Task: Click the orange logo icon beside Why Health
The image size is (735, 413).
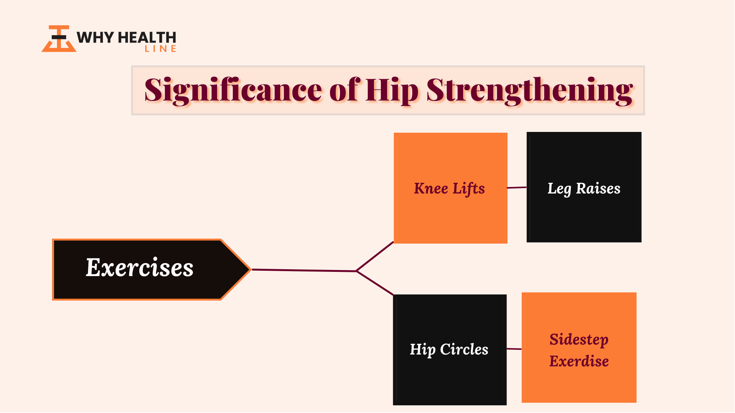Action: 59,39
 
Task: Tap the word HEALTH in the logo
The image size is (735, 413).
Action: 147,37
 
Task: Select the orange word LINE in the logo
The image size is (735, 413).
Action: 160,49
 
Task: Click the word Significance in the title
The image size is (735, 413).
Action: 233,91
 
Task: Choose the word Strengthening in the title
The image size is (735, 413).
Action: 529,91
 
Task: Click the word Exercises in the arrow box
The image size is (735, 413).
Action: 140,267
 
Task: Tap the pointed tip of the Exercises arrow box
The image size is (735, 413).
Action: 251,270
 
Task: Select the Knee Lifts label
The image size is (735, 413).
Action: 449,189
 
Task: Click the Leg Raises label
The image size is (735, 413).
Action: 584,189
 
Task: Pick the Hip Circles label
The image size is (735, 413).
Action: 449,350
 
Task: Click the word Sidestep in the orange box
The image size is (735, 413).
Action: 579,340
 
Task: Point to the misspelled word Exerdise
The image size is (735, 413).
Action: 579,361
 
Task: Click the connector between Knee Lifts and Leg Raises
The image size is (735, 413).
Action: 517,187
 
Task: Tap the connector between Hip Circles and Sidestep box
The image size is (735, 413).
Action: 514,349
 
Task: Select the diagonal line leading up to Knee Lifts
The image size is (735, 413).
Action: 375,256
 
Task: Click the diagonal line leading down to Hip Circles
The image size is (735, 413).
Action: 375,283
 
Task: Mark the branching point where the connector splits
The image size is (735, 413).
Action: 356,271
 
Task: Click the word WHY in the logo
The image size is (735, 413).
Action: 95,37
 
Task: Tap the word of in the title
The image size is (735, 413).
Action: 345,90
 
